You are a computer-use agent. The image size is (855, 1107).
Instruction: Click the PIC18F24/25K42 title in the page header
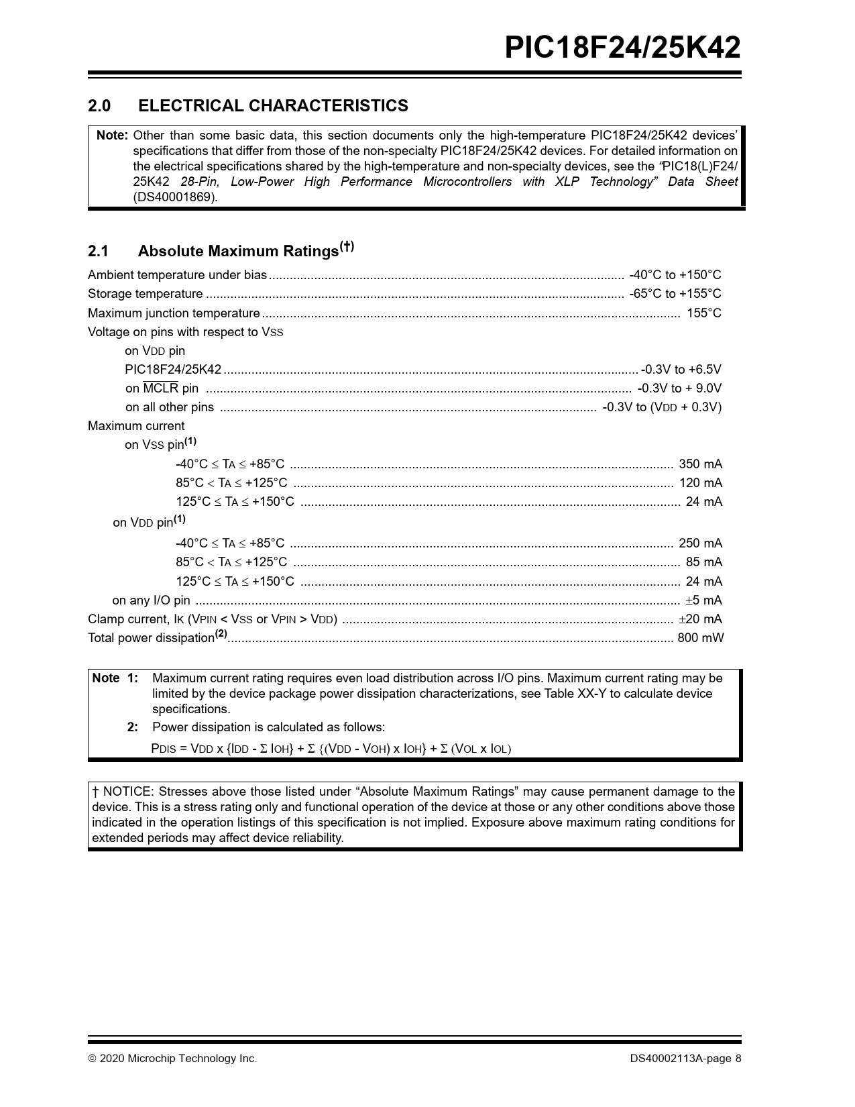tap(622, 48)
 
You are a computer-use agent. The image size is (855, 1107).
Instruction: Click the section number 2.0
tap(99, 106)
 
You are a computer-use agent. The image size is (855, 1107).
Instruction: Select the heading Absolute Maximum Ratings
tap(238, 251)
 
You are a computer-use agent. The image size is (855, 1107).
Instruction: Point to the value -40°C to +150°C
tap(675, 275)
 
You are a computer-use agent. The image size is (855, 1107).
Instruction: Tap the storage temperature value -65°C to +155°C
tap(675, 294)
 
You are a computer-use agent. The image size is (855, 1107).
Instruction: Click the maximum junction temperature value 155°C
tap(703, 313)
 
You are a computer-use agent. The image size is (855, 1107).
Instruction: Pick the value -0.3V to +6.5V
tap(681, 370)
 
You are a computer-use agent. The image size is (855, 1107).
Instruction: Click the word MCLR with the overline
tap(161, 388)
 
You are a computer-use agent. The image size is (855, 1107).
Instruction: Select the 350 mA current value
tap(700, 464)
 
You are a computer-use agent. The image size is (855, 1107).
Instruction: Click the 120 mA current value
tap(700, 482)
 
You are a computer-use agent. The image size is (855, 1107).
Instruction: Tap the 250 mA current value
tap(700, 543)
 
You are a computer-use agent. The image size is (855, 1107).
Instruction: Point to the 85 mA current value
tap(703, 562)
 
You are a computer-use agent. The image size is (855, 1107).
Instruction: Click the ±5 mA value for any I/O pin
tap(703, 600)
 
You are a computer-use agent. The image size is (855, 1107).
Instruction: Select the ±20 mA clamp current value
tap(700, 619)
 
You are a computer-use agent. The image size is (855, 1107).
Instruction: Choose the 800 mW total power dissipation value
tap(700, 638)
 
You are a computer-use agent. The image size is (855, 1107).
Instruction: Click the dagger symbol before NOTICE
tap(95, 792)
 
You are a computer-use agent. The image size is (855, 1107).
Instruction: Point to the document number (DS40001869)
tap(175, 197)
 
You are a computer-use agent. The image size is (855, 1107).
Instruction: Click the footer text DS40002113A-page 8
tap(685, 1059)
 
